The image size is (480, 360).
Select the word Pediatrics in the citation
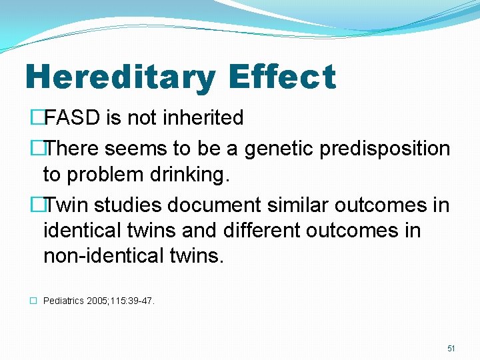tap(63, 301)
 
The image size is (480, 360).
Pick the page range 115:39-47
tap(135, 301)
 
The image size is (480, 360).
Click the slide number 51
tap(451, 348)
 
